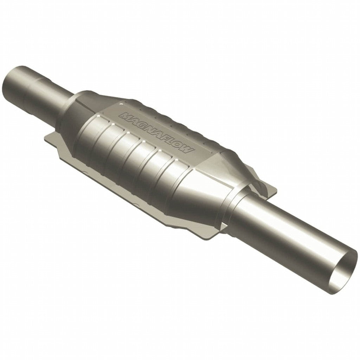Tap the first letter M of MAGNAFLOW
tap(124, 115)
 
